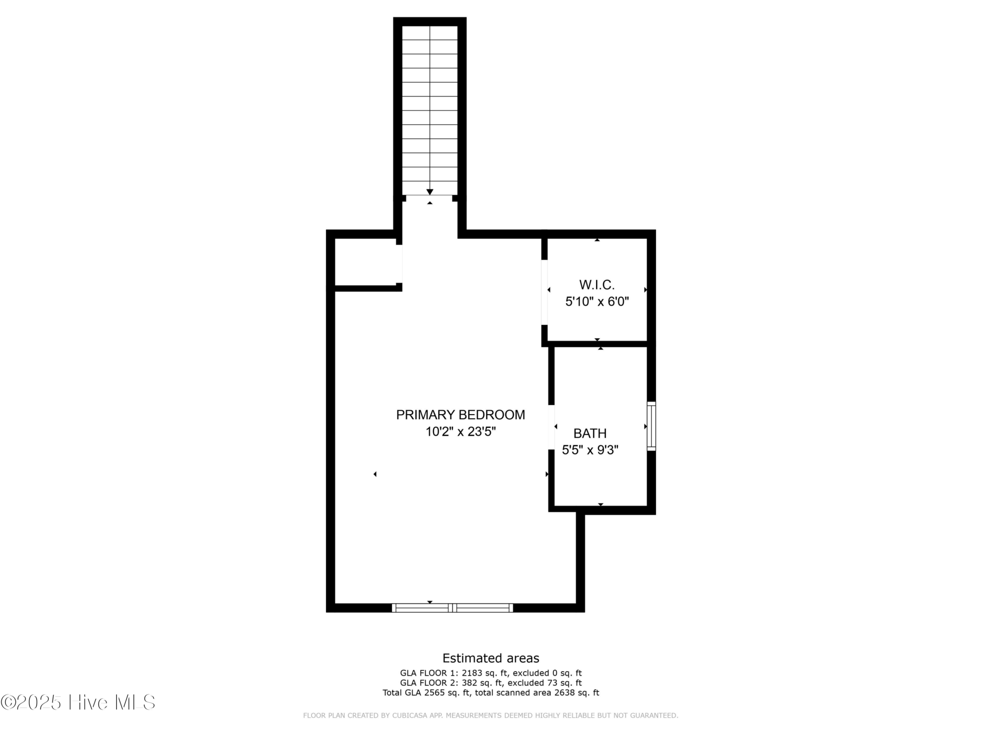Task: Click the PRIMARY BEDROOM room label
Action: click(x=460, y=415)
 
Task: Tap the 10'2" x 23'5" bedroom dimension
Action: click(x=460, y=432)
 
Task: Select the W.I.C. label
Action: click(x=597, y=285)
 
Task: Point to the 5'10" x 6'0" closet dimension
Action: click(x=597, y=302)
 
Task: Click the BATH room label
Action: click(x=590, y=434)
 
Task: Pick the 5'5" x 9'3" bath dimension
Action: click(x=590, y=450)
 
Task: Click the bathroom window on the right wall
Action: click(x=651, y=426)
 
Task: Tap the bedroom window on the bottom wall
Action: click(x=453, y=608)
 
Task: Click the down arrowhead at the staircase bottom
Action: click(x=430, y=192)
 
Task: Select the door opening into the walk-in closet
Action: click(x=544, y=292)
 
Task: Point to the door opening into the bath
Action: click(x=551, y=427)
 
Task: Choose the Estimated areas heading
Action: click(x=491, y=658)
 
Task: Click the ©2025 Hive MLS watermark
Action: click(x=78, y=702)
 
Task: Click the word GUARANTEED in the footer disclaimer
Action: click(x=654, y=716)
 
